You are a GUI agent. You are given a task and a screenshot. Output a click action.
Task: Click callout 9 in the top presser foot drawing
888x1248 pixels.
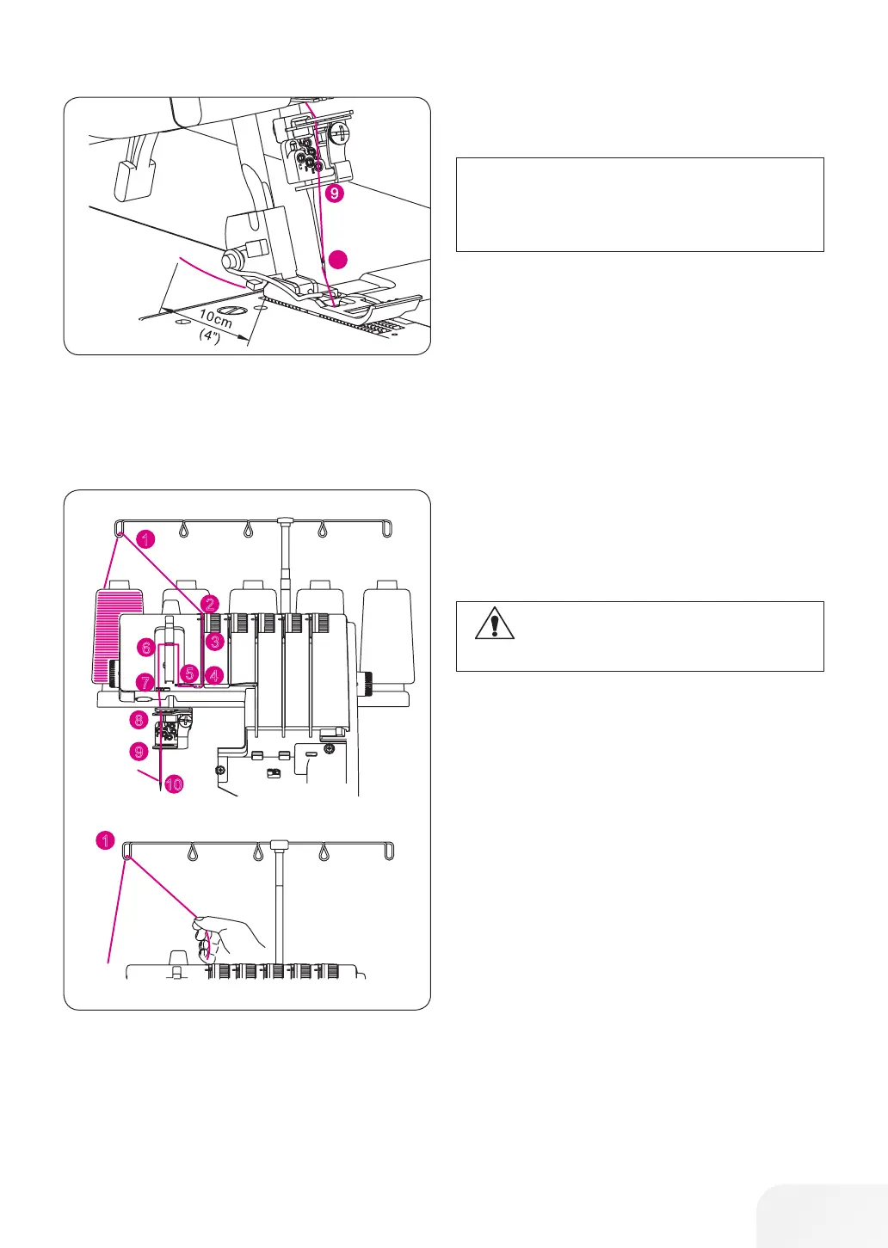pyautogui.click(x=334, y=194)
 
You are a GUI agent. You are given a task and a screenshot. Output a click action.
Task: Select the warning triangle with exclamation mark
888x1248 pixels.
pyautogui.click(x=494, y=623)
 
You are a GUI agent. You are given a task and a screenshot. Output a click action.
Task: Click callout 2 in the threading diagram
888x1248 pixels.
pyautogui.click(x=211, y=605)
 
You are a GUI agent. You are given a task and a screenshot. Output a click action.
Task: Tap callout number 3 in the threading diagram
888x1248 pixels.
pyautogui.click(x=214, y=641)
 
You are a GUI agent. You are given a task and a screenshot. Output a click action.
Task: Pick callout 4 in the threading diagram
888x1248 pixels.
pyautogui.click(x=214, y=676)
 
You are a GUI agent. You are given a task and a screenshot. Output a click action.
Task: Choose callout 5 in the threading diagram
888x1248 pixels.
pyautogui.click(x=190, y=673)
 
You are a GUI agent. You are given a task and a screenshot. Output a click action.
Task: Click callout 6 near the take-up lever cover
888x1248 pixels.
pyautogui.click(x=146, y=647)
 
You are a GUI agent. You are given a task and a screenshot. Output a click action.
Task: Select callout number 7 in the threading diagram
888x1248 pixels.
pyautogui.click(x=144, y=680)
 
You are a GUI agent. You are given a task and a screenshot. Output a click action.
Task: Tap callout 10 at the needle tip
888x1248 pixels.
pyautogui.click(x=174, y=784)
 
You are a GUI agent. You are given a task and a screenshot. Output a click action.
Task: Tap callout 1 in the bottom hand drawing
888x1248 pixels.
pyautogui.click(x=105, y=839)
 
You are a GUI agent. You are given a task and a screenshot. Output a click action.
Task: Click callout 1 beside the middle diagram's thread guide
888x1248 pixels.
pyautogui.click(x=146, y=539)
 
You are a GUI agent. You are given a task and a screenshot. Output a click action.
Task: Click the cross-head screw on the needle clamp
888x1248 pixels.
pyautogui.click(x=342, y=134)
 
